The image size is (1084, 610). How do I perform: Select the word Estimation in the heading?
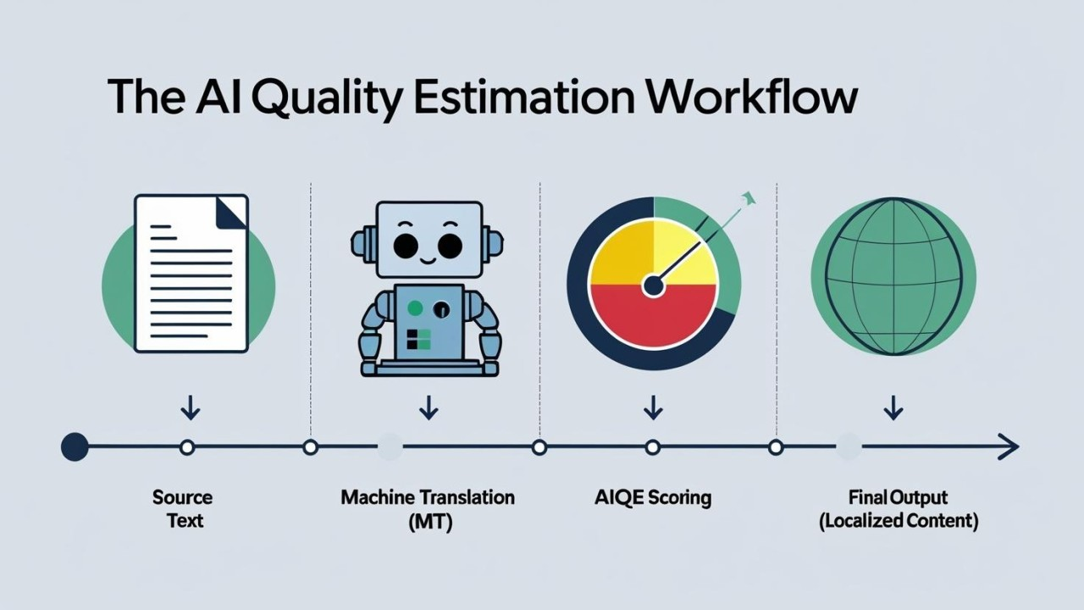(524, 97)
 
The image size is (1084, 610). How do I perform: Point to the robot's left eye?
(406, 246)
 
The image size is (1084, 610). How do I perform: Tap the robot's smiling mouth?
(428, 262)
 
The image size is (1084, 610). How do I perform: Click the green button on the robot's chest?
(415, 308)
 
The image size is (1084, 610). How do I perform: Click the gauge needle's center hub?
(653, 286)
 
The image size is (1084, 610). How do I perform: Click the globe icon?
(893, 276)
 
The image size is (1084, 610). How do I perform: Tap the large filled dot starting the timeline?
(75, 447)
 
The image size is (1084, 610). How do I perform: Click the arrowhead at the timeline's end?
(1008, 447)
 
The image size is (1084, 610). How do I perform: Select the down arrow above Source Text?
(191, 408)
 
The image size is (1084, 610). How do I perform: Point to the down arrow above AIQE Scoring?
(653, 408)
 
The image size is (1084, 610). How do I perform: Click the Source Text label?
(183, 509)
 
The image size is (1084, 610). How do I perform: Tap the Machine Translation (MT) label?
(428, 510)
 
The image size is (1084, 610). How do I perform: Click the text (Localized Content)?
(899, 522)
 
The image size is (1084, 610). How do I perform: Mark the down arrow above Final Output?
(893, 408)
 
